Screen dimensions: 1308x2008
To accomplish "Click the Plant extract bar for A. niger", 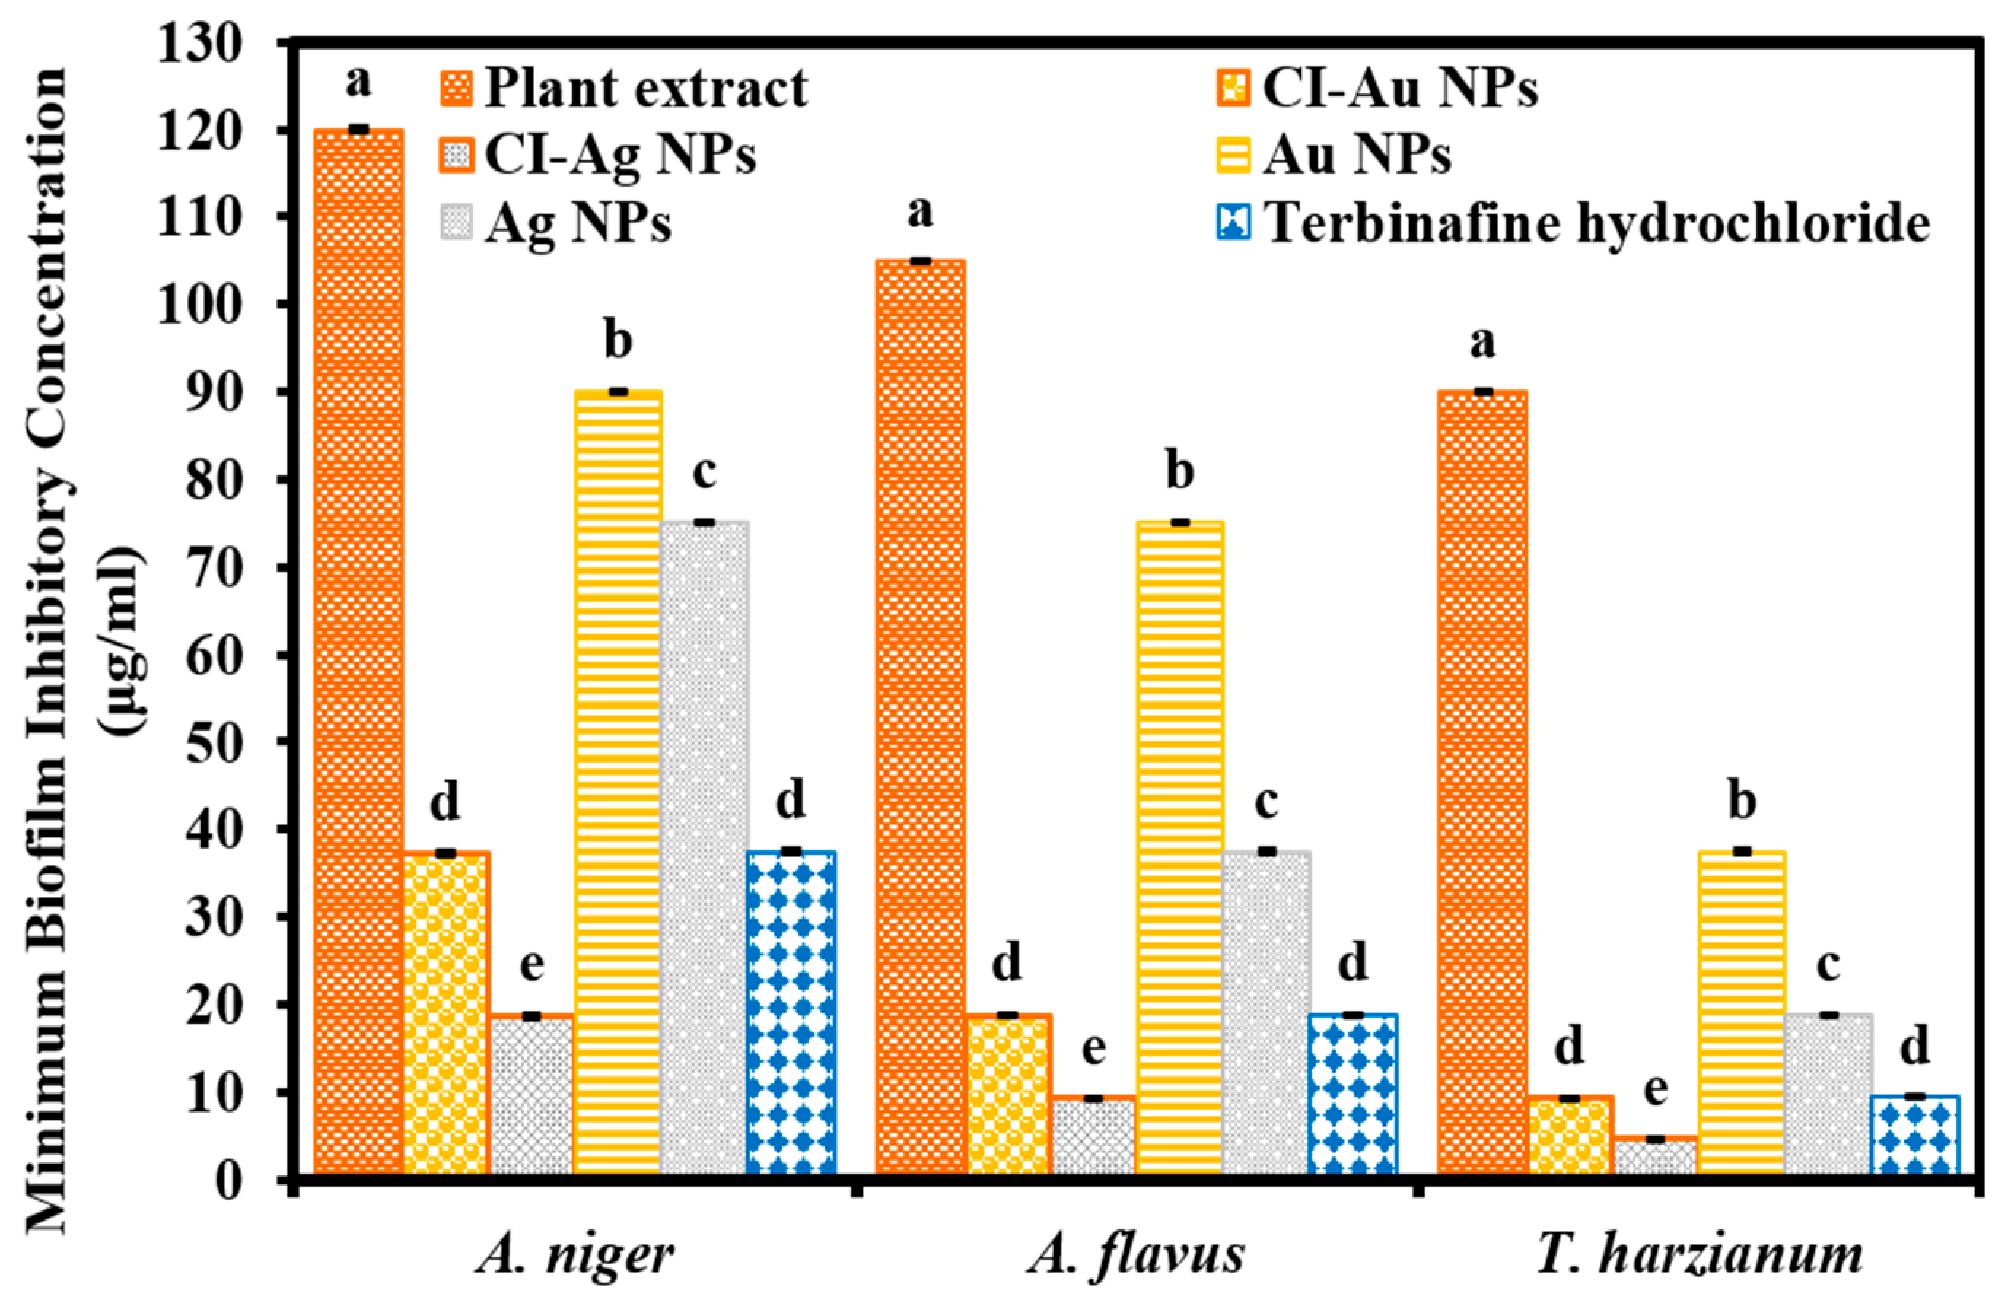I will coord(359,650).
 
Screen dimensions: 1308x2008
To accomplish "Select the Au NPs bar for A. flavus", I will coord(1180,847).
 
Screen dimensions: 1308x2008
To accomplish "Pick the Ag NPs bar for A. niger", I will coord(704,847).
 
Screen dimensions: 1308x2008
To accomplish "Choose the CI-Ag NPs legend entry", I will coord(620,155).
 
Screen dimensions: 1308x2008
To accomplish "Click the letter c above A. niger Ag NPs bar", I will coord(704,472).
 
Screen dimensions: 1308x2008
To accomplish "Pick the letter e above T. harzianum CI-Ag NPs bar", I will coord(1655,1090).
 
